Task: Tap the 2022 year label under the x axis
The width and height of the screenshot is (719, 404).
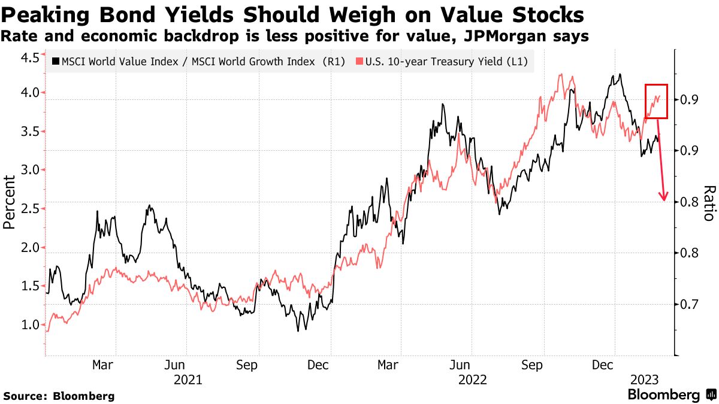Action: point(472,379)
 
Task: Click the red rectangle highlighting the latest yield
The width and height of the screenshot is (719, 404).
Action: point(656,101)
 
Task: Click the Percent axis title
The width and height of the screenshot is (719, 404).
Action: point(10,202)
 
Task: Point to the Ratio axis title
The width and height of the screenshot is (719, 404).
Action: point(708,202)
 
